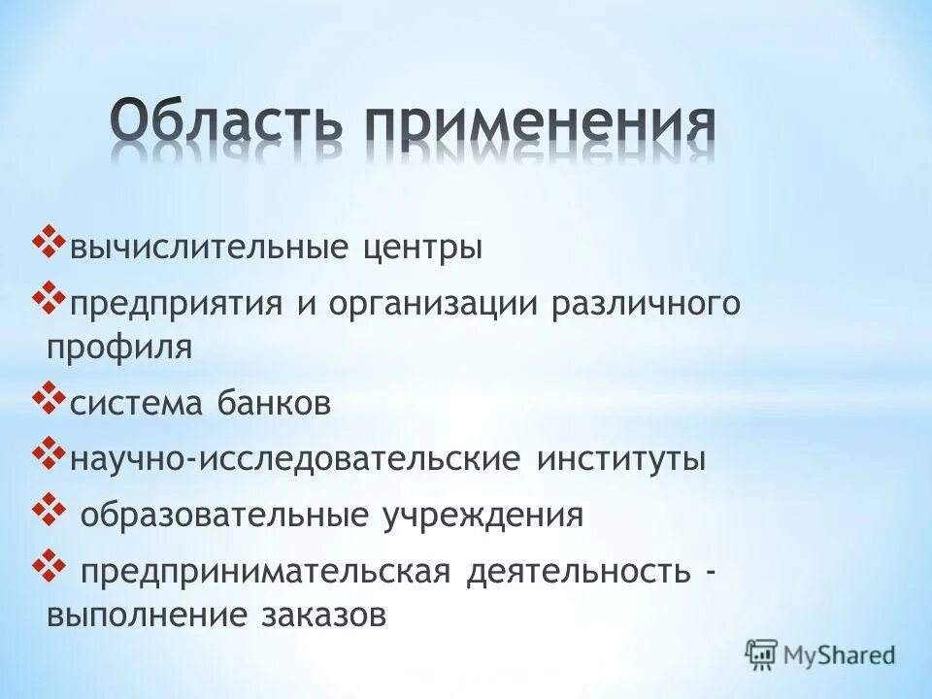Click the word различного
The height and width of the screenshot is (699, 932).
pyautogui.click(x=647, y=305)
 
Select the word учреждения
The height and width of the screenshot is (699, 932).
pyautogui.click(x=485, y=515)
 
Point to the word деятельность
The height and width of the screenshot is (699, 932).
pyautogui.click(x=577, y=571)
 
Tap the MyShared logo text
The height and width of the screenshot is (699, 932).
pyautogui.click(x=840, y=654)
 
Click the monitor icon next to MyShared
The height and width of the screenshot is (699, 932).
pyautogui.click(x=761, y=654)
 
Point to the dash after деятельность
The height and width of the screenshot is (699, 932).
pyautogui.click(x=713, y=572)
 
